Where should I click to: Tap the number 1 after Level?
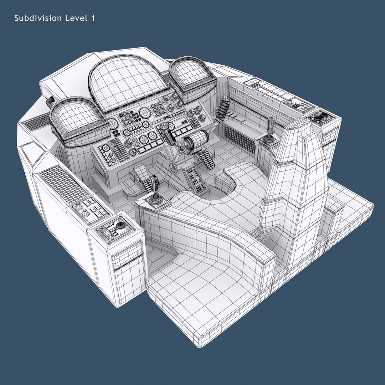point(93,18)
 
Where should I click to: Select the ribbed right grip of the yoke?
point(224,107)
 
